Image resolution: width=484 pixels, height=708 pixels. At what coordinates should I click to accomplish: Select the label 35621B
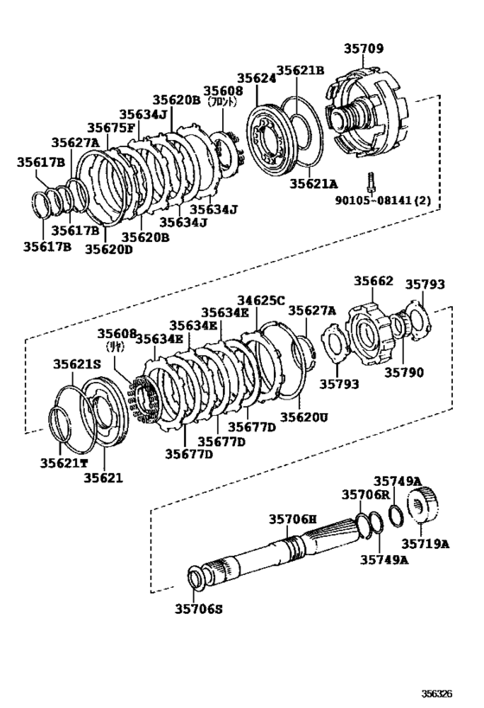300,71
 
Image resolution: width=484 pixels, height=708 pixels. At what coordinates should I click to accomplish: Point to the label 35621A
312,184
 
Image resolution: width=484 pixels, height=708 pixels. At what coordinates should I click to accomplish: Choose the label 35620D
108,249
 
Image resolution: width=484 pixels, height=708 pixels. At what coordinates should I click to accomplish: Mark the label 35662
373,281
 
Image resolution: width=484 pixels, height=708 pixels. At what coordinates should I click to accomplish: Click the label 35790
405,373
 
